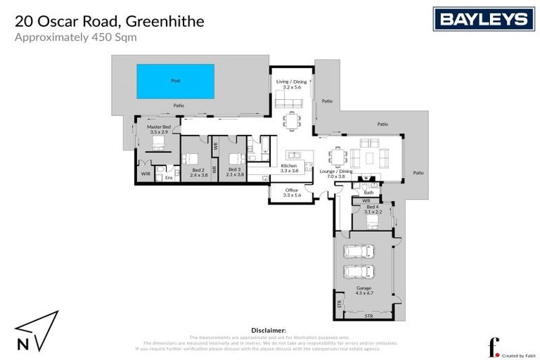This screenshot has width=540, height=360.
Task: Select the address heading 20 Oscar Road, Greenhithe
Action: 110,21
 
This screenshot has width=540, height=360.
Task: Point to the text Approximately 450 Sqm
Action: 75,37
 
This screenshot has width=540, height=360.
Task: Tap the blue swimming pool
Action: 175,81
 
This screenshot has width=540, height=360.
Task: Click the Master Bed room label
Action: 158,129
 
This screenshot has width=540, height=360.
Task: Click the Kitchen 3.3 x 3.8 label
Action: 290,168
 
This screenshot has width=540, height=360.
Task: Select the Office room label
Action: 292,192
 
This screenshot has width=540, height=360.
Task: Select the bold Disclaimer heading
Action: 269,330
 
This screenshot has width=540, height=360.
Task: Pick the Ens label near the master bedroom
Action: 169,178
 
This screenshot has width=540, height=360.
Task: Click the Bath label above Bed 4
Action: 369,193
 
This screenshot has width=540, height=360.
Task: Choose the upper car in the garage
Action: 357,252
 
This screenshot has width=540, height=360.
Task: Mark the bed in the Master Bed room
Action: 158,144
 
